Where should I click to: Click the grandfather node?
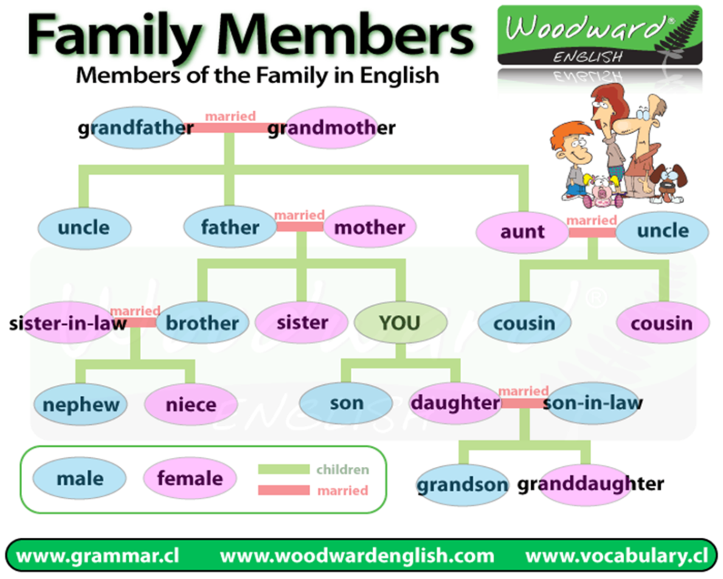pyautogui.click(x=136, y=128)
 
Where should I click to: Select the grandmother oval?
pyautogui.click(x=331, y=128)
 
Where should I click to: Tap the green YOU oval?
pyautogui.click(x=400, y=322)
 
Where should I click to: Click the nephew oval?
pyautogui.click(x=80, y=404)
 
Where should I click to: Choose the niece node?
pyautogui.click(x=191, y=404)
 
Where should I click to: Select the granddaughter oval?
pyautogui.click(x=589, y=484)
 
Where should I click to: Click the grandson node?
pyautogui.click(x=463, y=485)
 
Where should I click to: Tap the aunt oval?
pyautogui.click(x=522, y=232)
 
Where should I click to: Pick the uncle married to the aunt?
pyautogui.click(x=663, y=231)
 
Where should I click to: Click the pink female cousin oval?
pyautogui.click(x=662, y=323)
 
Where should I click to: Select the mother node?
pyautogui.click(x=370, y=228)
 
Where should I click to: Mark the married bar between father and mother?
pyautogui.click(x=300, y=226)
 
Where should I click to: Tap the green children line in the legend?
pyautogui.click(x=283, y=469)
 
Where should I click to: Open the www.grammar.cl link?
pyautogui.click(x=98, y=555)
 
